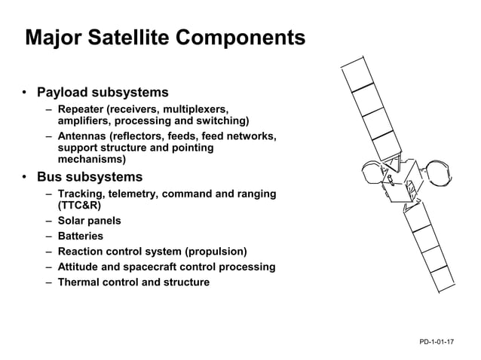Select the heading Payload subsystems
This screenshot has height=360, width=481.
(103, 93)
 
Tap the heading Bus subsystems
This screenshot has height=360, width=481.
(90, 178)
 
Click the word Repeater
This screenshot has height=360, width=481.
(82, 109)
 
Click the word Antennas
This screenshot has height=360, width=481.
(81, 136)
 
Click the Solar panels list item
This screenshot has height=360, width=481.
(89, 221)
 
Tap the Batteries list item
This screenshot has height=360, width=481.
(80, 236)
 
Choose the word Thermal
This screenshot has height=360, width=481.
(78, 282)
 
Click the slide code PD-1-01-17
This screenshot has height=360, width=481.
(437, 343)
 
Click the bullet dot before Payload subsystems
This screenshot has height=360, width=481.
(25, 93)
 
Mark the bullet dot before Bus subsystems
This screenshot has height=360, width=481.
(25, 178)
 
